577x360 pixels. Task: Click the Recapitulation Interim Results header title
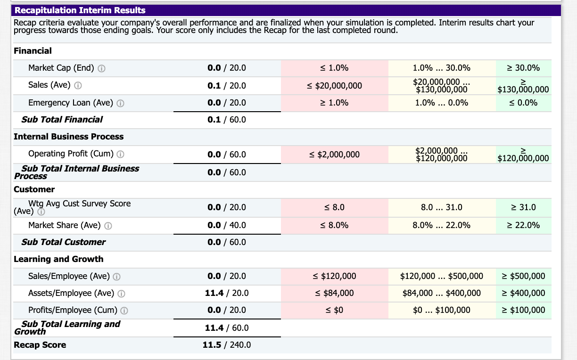click(80, 10)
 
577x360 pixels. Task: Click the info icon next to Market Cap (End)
click(101, 68)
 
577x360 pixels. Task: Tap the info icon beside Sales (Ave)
click(78, 85)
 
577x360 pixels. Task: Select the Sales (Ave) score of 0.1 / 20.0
click(227, 85)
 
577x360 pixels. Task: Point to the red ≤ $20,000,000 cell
click(335, 85)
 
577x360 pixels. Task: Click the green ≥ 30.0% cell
click(523, 68)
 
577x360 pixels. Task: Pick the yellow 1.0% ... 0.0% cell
click(442, 103)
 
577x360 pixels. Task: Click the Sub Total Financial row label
click(62, 120)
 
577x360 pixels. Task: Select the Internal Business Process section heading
click(68, 137)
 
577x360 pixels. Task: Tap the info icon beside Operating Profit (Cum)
click(120, 154)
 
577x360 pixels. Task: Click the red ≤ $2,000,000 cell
click(335, 155)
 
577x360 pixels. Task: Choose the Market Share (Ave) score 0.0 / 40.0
click(227, 225)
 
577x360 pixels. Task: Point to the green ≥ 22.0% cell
click(523, 225)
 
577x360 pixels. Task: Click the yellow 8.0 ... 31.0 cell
click(442, 207)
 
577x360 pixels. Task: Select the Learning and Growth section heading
click(58, 259)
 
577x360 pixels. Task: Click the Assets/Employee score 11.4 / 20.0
click(227, 293)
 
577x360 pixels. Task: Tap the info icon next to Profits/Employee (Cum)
click(124, 311)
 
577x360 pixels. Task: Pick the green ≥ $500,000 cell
click(523, 276)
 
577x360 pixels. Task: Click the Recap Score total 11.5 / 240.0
click(227, 345)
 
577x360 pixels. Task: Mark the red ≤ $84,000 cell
click(335, 293)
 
